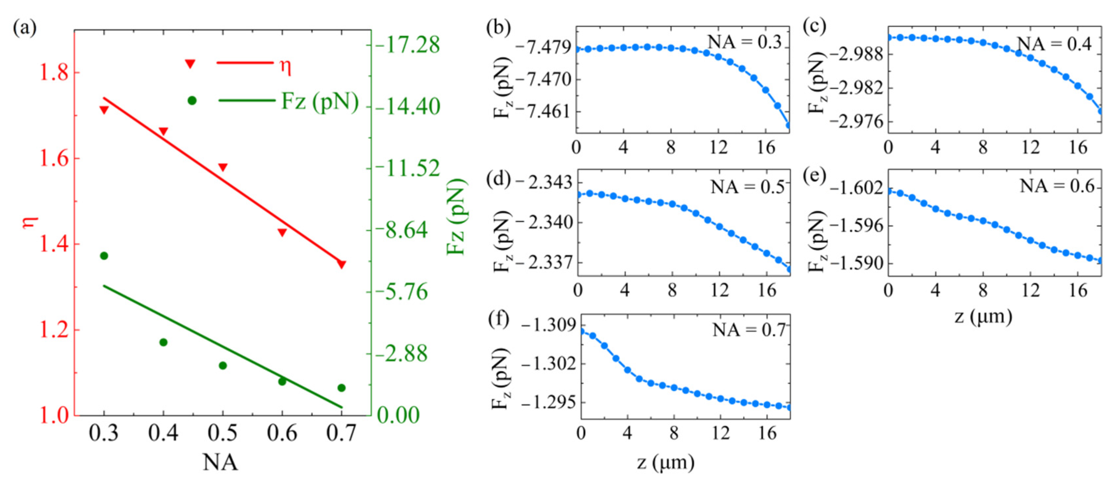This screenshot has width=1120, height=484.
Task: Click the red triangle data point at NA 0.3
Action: click(104, 110)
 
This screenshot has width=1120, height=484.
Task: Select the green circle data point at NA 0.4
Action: click(164, 342)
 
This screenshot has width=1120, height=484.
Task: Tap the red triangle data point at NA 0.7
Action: click(341, 264)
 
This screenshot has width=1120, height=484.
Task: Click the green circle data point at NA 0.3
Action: click(104, 255)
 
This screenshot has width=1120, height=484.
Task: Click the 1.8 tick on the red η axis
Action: click(54, 73)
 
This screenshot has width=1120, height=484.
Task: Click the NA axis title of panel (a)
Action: click(221, 462)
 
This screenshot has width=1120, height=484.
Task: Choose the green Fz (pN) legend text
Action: click(320, 101)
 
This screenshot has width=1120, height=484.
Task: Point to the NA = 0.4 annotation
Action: click(1054, 43)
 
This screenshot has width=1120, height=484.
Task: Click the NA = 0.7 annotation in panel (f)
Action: click(749, 330)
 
